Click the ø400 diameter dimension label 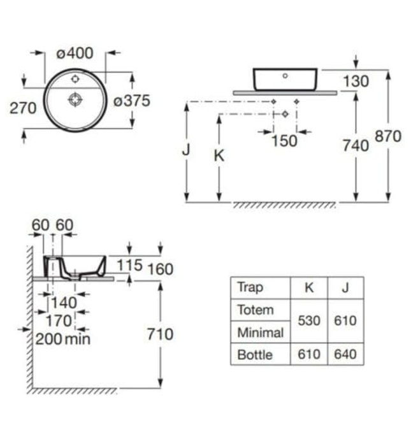75,54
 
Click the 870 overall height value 388,136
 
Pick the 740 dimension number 356,146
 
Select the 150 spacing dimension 284,141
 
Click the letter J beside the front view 186,151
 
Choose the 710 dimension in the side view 160,334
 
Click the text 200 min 63,338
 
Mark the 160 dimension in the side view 160,269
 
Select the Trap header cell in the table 250,287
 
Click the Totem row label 255,310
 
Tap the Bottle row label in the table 255,354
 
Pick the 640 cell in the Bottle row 345,354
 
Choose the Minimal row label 259,332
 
